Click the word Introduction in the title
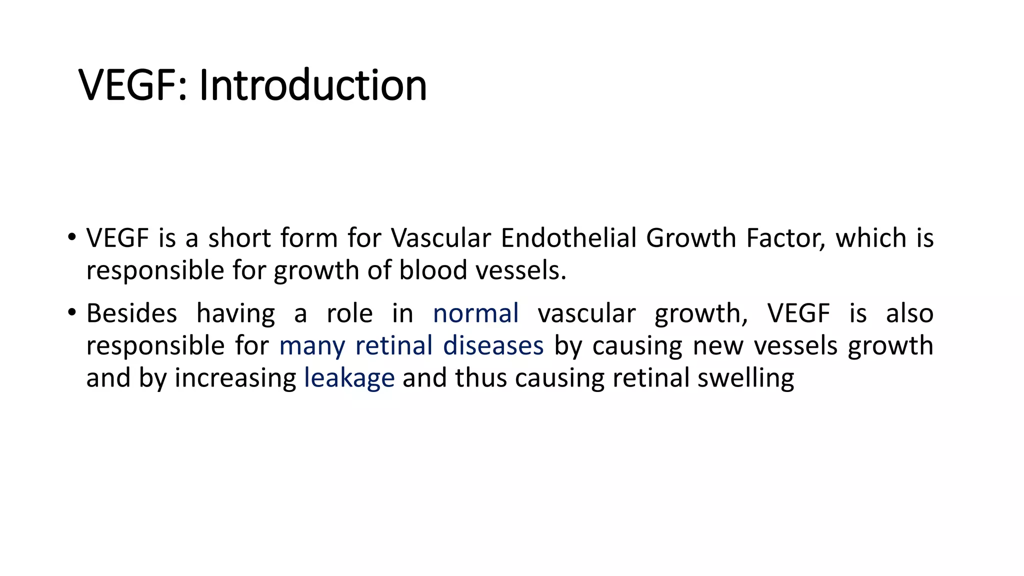coord(313,85)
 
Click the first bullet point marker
coord(72,236)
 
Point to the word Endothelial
coord(568,237)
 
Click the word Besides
coord(131,313)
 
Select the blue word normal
coord(475,313)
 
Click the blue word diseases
coord(493,345)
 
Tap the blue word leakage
coord(349,378)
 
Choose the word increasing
coord(235,378)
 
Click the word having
coord(235,313)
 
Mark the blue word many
coord(312,345)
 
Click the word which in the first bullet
coord(870,237)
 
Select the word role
coord(349,313)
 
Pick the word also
coord(909,313)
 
